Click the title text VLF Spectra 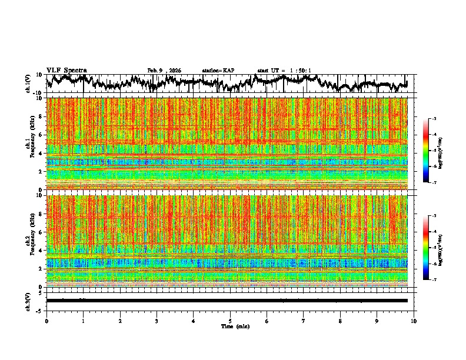pos(66,71)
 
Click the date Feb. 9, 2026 pos(164,71)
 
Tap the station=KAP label pos(218,71)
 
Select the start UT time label pos(284,71)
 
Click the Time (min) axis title pos(235,326)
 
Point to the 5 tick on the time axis pos(230,321)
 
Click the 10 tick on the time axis pos(414,321)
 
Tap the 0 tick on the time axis pos(46,321)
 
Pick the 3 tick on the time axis pos(157,321)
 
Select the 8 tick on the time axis pos(341,321)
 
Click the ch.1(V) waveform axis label pos(28,84)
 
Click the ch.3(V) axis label pos(28,300)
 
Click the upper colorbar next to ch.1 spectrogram pos(433,151)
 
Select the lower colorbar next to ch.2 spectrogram pos(433,248)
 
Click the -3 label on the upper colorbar pos(441,119)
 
